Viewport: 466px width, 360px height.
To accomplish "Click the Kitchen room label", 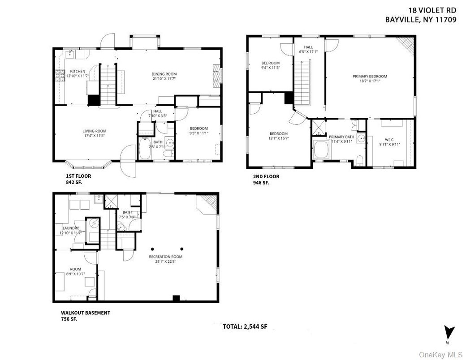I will pos(77,71).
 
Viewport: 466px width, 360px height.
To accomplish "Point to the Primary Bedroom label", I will pos(370,77).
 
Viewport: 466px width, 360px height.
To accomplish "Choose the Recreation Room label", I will pos(166,257).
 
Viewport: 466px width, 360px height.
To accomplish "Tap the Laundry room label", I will pos(70,228).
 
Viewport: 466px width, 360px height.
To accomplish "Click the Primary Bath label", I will pos(341,137).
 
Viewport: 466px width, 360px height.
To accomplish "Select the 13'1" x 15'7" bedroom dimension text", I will pos(278,139).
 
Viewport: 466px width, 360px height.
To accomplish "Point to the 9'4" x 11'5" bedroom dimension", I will pos(270,68).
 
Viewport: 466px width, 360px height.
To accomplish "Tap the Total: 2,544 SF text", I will pos(245,327).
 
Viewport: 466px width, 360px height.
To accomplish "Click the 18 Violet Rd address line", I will pos(432,9).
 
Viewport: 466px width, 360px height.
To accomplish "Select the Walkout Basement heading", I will pos(86,313).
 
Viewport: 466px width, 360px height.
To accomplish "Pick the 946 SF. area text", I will pos(262,183).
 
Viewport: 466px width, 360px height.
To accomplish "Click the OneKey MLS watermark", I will pos(440,355).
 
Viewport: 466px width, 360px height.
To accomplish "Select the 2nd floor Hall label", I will pos(308,47).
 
